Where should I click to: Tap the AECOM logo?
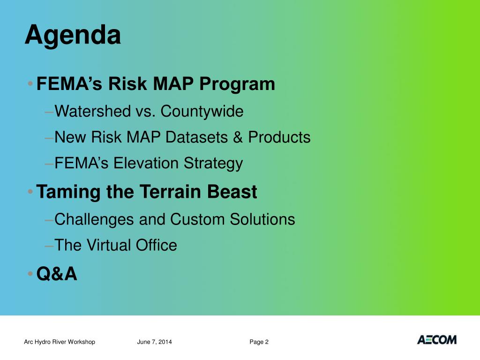click(437, 340)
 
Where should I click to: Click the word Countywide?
click(202, 112)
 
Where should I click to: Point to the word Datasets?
click(196, 137)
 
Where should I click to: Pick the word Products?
click(279, 137)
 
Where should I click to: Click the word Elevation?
click(146, 163)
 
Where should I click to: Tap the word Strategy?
click(213, 164)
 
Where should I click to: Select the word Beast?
click(232, 192)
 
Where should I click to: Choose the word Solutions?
click(262, 219)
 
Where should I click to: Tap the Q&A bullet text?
click(57, 274)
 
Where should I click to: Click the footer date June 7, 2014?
click(154, 342)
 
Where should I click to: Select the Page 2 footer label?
click(259, 342)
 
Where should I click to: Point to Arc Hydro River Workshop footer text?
click(60, 342)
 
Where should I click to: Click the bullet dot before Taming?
click(30, 192)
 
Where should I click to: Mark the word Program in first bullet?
click(237, 85)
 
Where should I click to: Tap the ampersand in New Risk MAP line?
click(238, 137)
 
